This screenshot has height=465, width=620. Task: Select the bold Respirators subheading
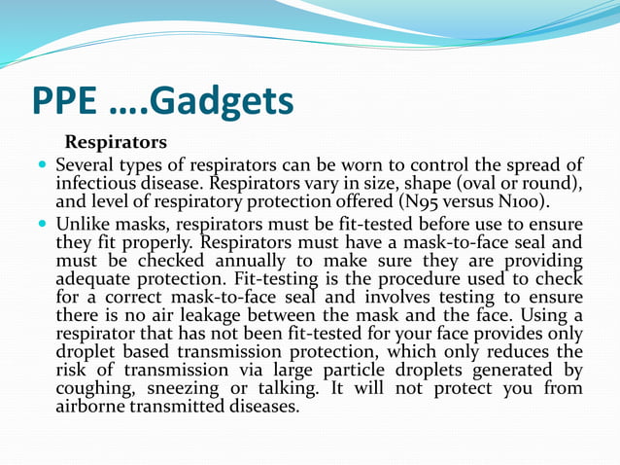tap(116, 143)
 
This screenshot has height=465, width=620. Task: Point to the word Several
tap(89, 165)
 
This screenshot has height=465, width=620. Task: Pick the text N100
tap(517, 202)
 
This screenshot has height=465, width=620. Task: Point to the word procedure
tap(427, 279)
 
